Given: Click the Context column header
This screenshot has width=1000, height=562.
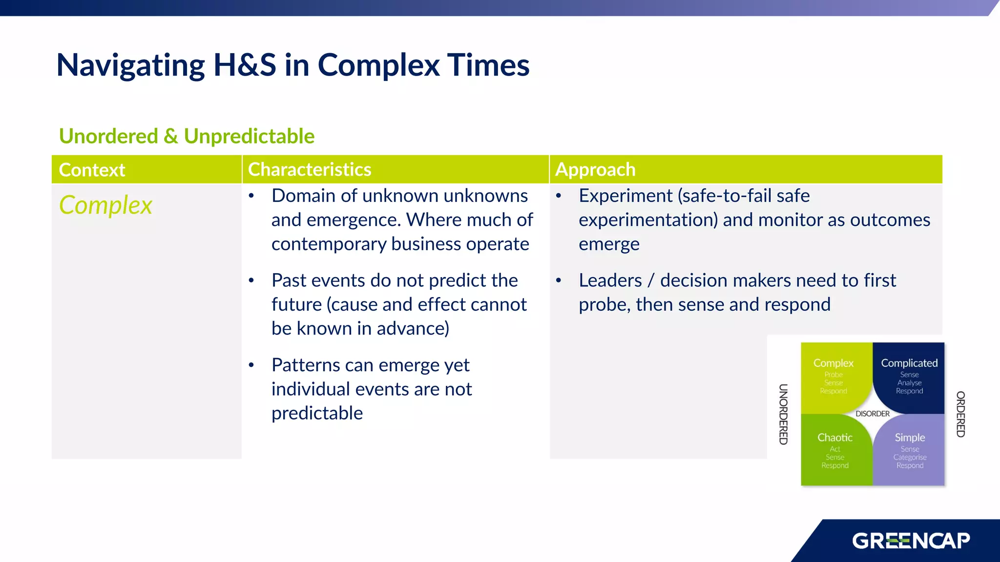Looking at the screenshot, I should click(92, 170).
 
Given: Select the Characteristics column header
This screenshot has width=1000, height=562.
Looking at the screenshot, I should click(310, 169).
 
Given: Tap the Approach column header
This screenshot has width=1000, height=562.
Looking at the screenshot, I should click(595, 169).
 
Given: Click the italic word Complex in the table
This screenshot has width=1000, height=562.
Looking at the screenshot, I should click(105, 205).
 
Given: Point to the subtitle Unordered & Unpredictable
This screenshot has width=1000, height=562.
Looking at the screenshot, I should click(187, 136).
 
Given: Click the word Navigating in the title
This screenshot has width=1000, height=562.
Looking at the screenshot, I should click(131, 65).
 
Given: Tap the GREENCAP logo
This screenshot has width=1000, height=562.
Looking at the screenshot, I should click(911, 541).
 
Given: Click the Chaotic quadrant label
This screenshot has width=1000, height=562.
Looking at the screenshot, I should click(835, 438).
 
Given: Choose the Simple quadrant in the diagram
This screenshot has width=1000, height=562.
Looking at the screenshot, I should click(910, 438).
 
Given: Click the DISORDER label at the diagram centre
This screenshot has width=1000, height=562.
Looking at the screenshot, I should click(873, 414).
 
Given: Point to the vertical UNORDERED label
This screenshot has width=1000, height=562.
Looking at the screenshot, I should click(783, 414).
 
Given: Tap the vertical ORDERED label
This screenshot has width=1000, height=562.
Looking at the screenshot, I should click(960, 414).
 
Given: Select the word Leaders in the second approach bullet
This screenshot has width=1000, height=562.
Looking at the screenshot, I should click(610, 281).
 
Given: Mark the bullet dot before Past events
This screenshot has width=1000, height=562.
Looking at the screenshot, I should click(251, 281).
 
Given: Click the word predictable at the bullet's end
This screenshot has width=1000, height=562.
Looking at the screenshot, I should click(317, 413).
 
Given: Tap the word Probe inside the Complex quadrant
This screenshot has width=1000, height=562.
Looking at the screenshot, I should click(833, 375).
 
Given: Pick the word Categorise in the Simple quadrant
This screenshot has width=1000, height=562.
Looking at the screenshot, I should click(910, 457).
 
